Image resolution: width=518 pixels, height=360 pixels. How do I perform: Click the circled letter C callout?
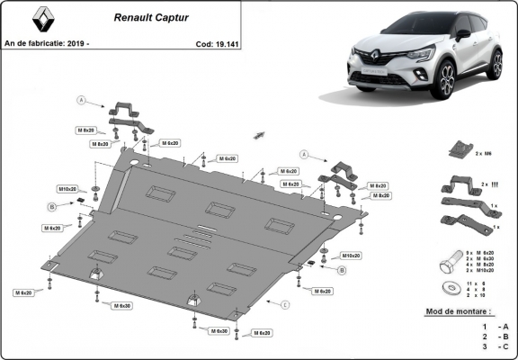tap(285, 305)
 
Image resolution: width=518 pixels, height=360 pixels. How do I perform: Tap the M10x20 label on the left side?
tap(68, 189)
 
